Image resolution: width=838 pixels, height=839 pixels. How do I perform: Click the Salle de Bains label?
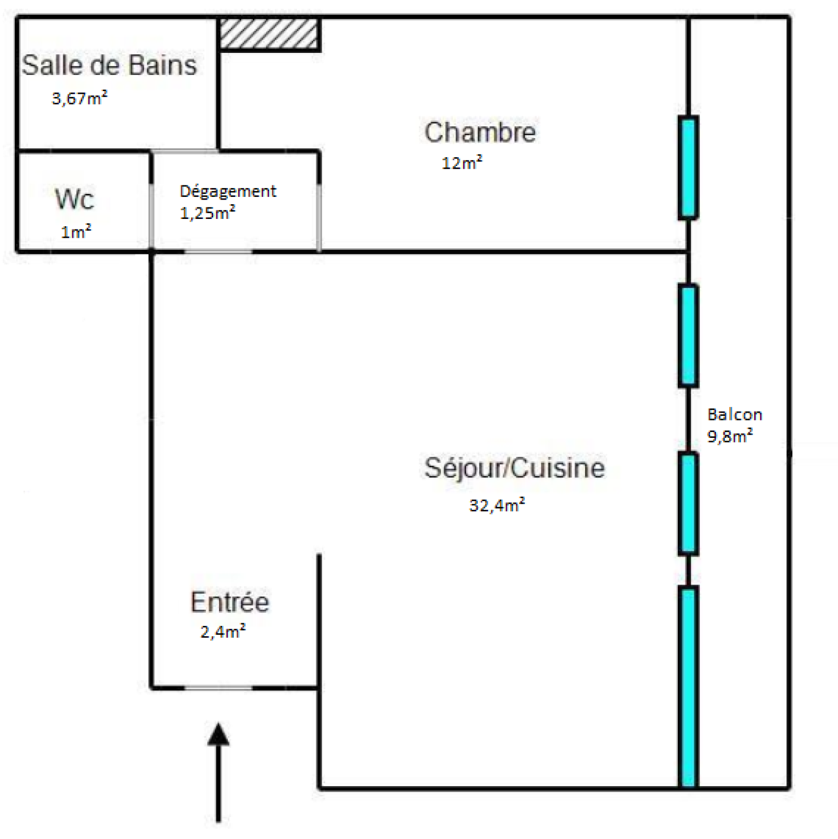click(109, 65)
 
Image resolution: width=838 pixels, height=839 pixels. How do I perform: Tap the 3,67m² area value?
click(80, 98)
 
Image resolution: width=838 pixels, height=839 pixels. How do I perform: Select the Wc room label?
click(74, 199)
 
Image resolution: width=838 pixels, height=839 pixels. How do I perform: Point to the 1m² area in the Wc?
click(76, 231)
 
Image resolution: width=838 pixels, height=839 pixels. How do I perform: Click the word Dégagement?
click(228, 192)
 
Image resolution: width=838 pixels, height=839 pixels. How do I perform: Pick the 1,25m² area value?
click(207, 213)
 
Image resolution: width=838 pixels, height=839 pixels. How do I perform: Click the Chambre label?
click(480, 132)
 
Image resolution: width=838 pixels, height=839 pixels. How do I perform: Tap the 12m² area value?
click(461, 163)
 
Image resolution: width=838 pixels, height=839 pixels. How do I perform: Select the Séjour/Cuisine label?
click(514, 468)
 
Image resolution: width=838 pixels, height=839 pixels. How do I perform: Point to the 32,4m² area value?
click(497, 505)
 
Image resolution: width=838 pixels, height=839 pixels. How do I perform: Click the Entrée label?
click(229, 602)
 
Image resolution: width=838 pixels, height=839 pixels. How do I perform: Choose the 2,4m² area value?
click(223, 632)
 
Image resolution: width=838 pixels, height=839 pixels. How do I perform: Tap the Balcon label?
click(734, 415)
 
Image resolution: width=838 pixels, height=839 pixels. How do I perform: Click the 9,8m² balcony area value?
click(730, 436)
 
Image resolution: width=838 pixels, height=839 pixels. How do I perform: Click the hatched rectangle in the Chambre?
click(269, 35)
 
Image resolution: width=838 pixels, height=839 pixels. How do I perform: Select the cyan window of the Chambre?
click(688, 167)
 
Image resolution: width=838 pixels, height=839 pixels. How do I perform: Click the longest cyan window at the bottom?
click(688, 687)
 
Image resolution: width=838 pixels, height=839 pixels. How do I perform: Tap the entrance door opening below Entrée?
click(218, 688)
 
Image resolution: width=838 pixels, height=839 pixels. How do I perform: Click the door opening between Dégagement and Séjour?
click(218, 252)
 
